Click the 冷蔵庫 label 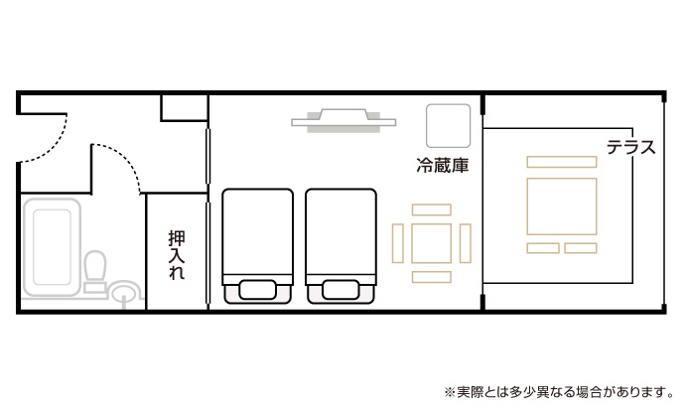tap(443, 166)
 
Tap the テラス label tap(631, 148)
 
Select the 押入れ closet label tap(177, 255)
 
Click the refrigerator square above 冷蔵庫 tap(448, 126)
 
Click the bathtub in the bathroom tap(52, 247)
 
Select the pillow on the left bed tap(258, 290)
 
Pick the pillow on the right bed tap(342, 290)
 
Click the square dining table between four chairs tap(431, 243)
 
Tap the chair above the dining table tap(432, 209)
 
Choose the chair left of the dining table tap(397, 243)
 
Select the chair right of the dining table tap(466, 243)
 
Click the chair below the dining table tap(432, 277)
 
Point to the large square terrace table tap(562, 206)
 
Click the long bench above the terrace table tap(562, 162)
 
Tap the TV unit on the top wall tap(343, 120)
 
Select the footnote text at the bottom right tap(559, 392)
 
